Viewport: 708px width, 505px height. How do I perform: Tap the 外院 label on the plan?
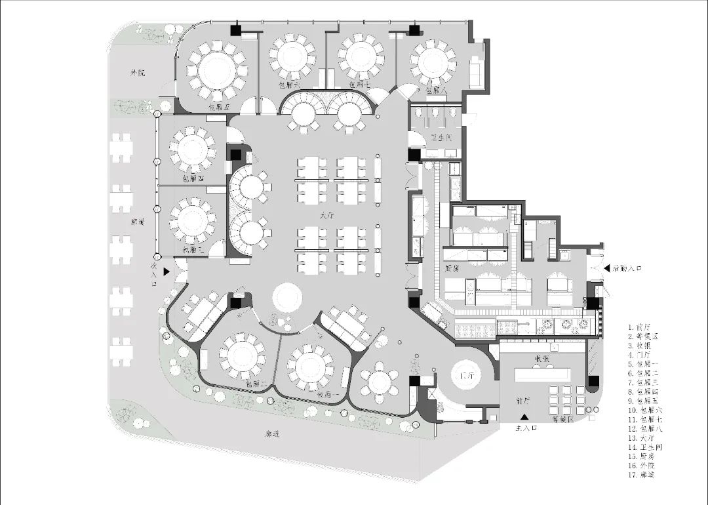pos(138,72)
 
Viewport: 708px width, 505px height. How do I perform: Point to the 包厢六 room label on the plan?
pos(289,85)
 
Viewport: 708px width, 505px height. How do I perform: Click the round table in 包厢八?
pos(433,62)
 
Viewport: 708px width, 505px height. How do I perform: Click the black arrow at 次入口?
pos(168,270)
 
